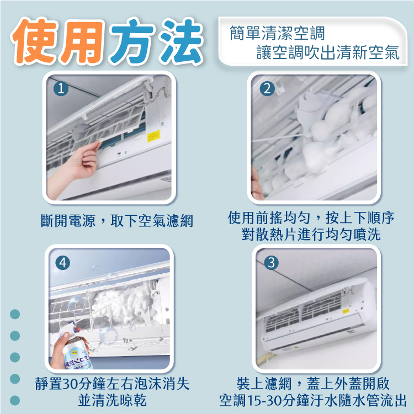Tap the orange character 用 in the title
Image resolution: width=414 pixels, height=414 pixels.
[x=81, y=42]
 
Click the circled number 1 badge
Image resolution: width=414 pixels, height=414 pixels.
[x=61, y=89]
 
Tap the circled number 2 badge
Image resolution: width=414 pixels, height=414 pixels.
[x=267, y=89]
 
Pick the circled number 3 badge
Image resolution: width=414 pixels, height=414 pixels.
[x=271, y=263]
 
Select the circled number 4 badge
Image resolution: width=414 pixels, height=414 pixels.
[x=63, y=263]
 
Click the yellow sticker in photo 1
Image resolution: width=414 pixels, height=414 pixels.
[x=153, y=136]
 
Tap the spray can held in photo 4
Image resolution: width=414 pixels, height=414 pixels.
[x=77, y=355]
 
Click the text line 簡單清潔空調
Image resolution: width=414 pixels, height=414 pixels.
[x=277, y=33]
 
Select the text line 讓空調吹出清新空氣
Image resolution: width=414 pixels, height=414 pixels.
[x=328, y=52]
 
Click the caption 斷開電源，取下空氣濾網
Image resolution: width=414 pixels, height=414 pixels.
[x=117, y=220]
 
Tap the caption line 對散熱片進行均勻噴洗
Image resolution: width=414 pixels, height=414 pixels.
[x=311, y=234]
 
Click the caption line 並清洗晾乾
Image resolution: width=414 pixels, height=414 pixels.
[x=112, y=400]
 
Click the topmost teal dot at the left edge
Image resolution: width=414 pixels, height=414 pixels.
[x=15, y=314]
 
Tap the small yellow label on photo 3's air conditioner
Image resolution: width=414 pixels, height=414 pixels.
[x=346, y=311]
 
